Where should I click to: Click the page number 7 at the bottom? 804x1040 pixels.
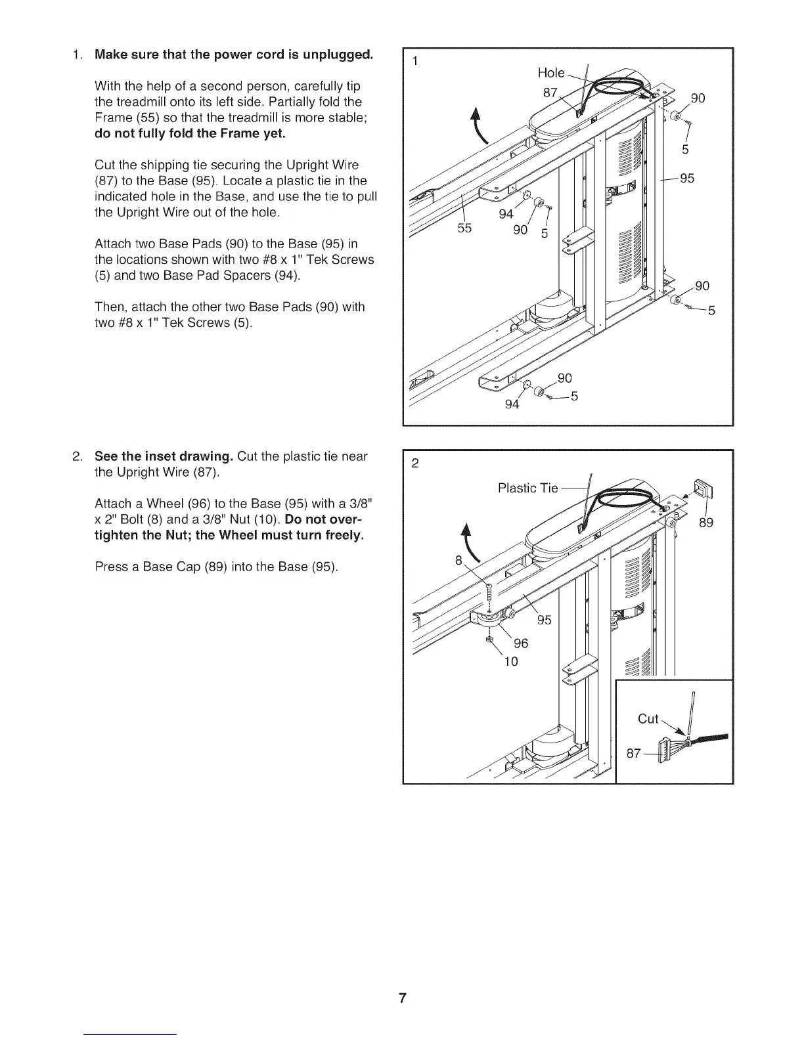point(402,999)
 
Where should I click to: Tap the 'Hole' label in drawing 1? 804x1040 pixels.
point(551,73)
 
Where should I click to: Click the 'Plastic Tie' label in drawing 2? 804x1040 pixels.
point(527,488)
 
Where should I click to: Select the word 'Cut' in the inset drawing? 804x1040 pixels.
point(648,719)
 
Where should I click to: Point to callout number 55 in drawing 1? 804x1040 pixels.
point(464,229)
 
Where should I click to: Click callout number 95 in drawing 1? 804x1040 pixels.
point(687,179)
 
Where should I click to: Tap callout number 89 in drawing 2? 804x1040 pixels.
point(706,523)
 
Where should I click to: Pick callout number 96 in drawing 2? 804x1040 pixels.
point(521,643)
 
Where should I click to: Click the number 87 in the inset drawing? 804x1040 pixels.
point(633,754)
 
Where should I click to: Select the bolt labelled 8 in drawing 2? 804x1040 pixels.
point(490,594)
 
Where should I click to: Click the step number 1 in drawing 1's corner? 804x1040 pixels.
point(414,62)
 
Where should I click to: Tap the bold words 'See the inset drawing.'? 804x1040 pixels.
point(164,456)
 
